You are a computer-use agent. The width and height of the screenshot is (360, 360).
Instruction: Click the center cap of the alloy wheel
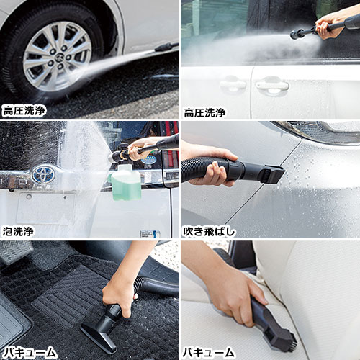click(59, 58)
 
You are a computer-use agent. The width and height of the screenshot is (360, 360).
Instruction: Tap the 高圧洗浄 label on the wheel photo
click(24, 111)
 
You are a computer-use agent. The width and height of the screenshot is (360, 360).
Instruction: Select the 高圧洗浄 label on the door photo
click(204, 112)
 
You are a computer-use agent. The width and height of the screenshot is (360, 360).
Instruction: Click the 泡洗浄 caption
click(18, 231)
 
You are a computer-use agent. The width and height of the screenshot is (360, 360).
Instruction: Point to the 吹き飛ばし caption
click(209, 232)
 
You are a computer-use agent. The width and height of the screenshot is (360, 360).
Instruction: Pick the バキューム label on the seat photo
click(208, 353)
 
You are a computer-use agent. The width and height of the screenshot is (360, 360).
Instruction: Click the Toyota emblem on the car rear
click(44, 174)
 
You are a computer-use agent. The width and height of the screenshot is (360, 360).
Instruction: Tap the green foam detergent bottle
click(125, 182)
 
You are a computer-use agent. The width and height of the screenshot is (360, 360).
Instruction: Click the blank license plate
click(46, 208)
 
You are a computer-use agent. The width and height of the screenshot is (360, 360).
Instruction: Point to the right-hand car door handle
click(272, 85)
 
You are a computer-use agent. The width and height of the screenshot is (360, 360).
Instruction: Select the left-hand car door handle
click(233, 84)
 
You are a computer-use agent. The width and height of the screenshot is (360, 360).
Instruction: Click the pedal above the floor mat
click(15, 251)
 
